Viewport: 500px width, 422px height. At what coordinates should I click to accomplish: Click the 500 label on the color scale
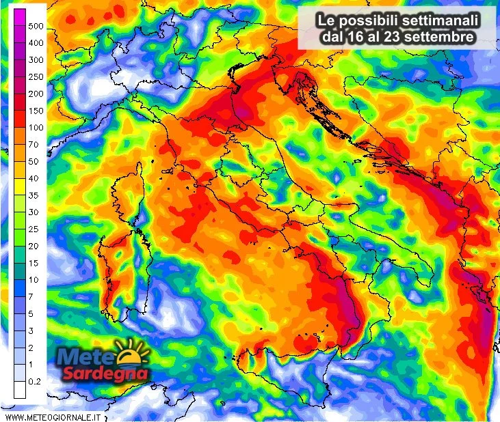point(36,26)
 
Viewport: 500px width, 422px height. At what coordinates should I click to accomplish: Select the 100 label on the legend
point(36,128)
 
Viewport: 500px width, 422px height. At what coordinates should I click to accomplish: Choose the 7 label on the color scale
point(31,297)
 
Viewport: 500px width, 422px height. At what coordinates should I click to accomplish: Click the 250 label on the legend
point(36,76)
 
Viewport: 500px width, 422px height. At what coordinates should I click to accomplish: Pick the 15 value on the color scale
point(34,263)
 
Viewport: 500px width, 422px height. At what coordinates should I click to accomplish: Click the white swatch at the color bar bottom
point(20,390)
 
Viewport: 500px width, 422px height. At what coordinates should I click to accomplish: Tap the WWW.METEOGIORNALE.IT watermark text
point(53,416)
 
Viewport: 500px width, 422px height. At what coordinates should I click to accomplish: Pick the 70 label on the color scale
point(34,145)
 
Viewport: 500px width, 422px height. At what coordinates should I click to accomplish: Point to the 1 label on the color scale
point(31,365)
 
